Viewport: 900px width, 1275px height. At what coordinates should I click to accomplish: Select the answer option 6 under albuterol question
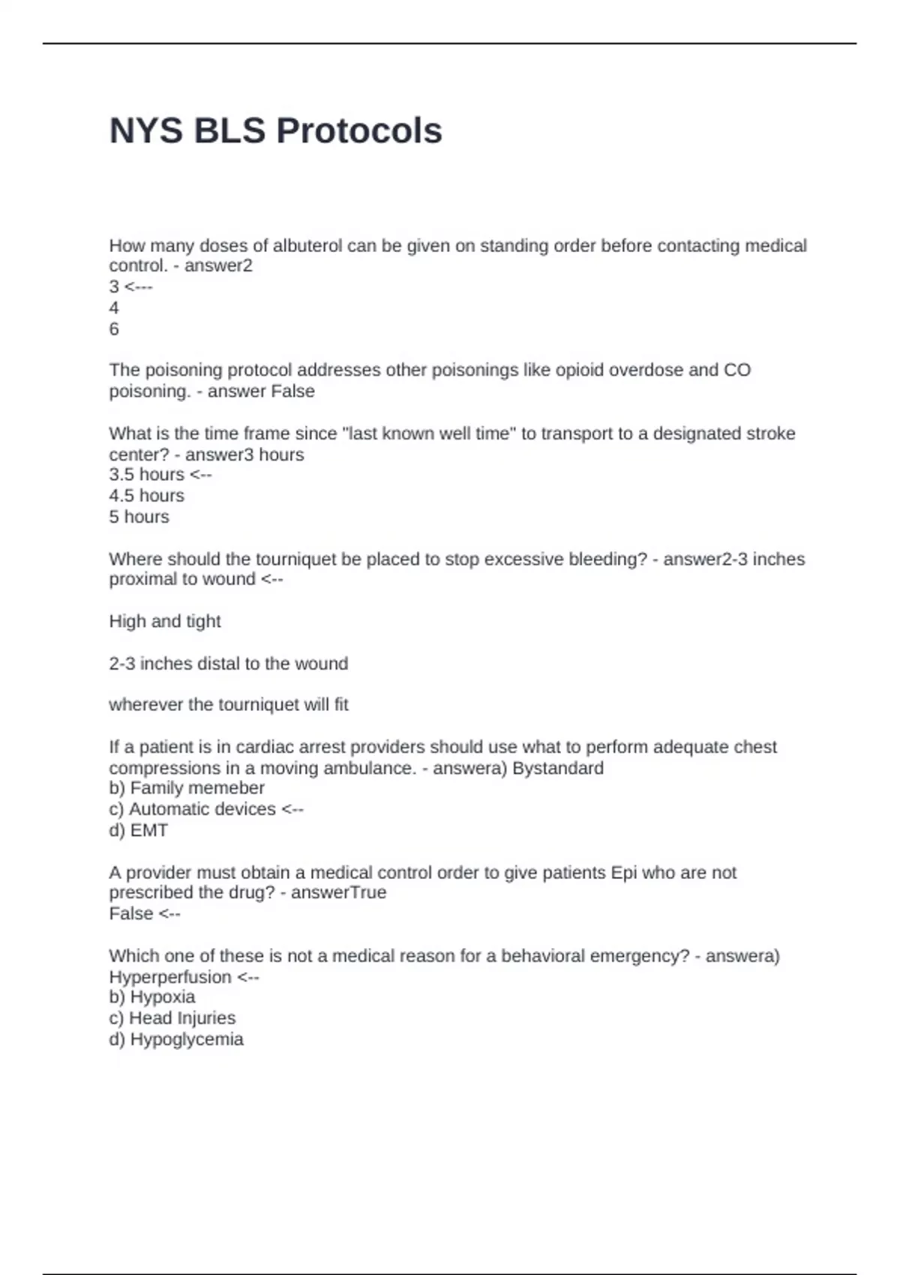tap(114, 329)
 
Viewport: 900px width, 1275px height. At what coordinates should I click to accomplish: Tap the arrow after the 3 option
tap(138, 287)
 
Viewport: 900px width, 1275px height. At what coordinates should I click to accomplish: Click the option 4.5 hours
tap(146, 496)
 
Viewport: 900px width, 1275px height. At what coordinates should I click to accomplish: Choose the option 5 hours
tap(139, 517)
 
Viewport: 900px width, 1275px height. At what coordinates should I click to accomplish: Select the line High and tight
tap(164, 622)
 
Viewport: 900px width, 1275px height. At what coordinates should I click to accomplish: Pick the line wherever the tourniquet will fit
tap(228, 705)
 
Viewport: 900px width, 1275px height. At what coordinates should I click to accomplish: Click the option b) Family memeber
tap(187, 788)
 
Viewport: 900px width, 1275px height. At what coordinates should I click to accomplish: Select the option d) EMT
tap(138, 830)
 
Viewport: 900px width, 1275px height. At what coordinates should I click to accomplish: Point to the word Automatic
tap(165, 809)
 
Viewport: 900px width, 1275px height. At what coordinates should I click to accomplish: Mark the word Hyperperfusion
tap(170, 977)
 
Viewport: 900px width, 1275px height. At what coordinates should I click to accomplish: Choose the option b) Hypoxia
tap(151, 997)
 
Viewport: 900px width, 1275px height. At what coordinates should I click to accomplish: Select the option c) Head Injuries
tap(172, 1018)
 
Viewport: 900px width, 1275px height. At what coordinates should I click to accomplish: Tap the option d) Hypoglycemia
tap(175, 1039)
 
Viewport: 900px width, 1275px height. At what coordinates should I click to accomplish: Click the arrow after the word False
tap(169, 914)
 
